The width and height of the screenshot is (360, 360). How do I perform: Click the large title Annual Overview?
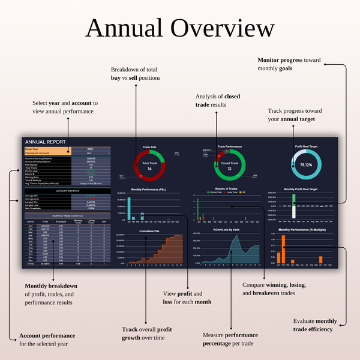tap(180, 28)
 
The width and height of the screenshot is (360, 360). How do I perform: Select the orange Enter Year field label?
tap(34, 148)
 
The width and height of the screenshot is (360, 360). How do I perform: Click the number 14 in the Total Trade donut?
tap(149, 169)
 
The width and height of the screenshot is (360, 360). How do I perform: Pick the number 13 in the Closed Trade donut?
tap(229, 169)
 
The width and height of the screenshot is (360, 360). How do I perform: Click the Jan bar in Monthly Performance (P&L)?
tap(130, 207)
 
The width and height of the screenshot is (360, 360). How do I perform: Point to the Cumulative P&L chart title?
tap(149, 230)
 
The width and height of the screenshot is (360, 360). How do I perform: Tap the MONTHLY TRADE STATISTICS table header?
tap(67, 215)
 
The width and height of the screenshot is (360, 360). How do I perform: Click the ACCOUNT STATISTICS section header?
tap(67, 191)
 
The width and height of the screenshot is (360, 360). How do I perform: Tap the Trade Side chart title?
tap(149, 146)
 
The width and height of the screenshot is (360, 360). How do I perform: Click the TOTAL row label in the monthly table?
tap(30, 263)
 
